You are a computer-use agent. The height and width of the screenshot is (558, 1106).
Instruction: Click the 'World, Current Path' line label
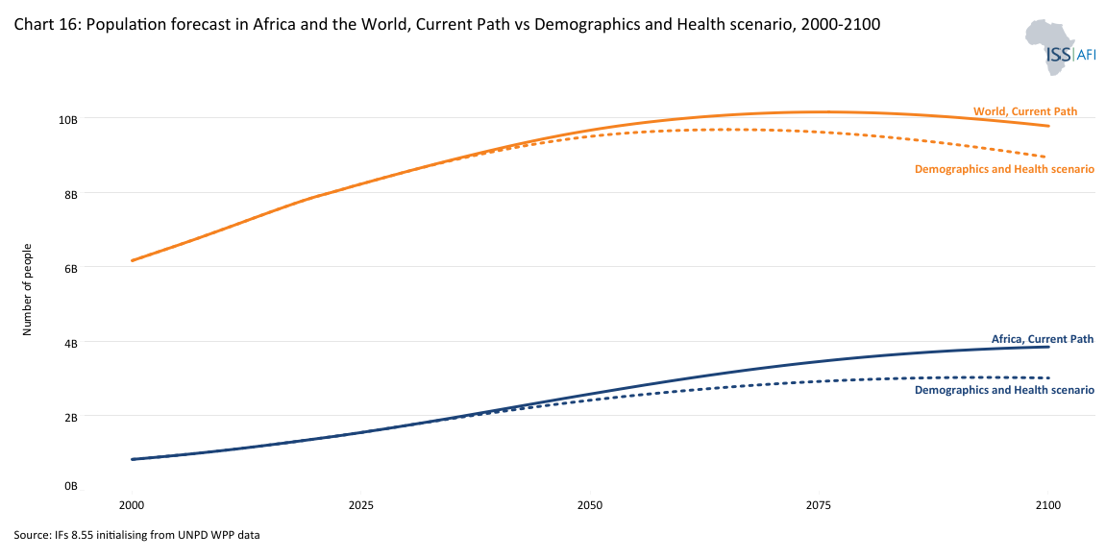click(x=1025, y=111)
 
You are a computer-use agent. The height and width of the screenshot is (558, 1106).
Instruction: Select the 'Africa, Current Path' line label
click(x=1043, y=339)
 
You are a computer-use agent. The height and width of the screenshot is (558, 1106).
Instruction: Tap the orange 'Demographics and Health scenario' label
click(x=1004, y=169)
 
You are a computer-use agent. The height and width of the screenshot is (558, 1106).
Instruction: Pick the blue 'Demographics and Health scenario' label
click(x=1004, y=390)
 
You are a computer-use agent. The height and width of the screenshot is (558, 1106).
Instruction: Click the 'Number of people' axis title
click(x=28, y=288)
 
